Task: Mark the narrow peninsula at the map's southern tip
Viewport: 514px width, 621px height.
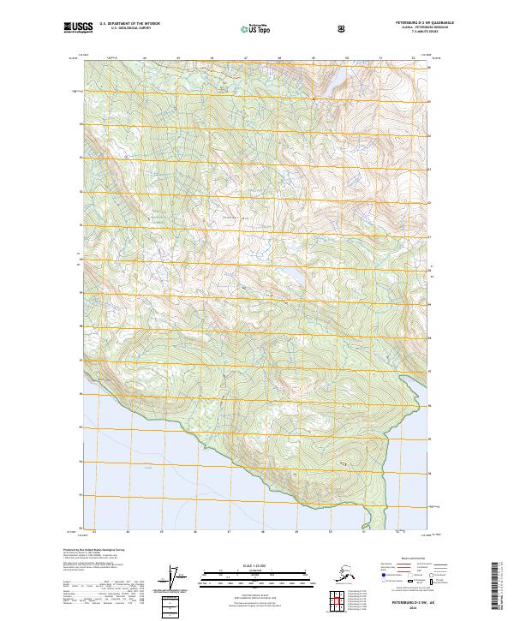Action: [369, 515]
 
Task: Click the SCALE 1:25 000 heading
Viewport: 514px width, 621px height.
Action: [256, 566]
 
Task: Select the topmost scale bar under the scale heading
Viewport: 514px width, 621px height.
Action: [256, 571]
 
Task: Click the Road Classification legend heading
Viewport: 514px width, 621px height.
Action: [411, 557]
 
